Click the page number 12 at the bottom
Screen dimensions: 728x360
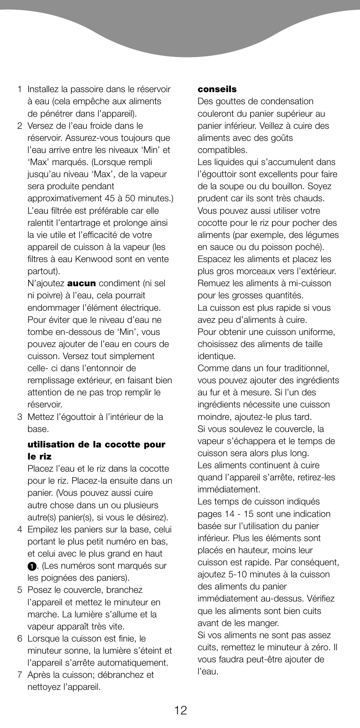[180, 710]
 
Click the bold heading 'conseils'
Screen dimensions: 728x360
[217, 89]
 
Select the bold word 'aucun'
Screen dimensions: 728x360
[82, 283]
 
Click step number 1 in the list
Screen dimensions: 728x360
[19, 89]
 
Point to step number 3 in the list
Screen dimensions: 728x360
[19, 417]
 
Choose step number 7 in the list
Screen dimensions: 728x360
[19, 675]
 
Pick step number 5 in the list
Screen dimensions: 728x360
[19, 590]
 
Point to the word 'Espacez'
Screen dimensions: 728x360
[214, 259]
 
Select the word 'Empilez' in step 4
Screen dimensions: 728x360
[42, 529]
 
